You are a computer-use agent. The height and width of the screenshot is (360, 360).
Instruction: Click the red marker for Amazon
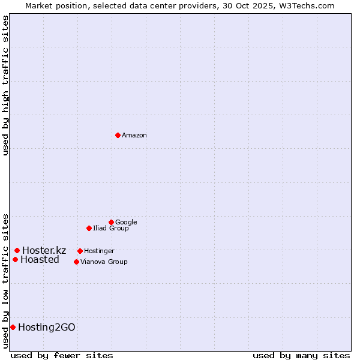118,135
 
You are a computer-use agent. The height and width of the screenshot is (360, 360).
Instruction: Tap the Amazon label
134,136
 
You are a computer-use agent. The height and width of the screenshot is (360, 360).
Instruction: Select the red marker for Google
111,222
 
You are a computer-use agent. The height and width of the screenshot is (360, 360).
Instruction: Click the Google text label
126,223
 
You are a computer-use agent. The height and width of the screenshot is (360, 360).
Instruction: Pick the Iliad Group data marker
89,228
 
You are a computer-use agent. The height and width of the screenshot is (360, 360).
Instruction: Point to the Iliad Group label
111,229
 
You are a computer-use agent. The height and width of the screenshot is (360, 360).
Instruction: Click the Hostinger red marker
80,251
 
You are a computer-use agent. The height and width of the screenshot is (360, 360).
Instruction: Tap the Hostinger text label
99,251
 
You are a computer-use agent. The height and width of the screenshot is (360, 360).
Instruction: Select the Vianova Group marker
76,262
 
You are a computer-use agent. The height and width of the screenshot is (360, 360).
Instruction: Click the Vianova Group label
104,262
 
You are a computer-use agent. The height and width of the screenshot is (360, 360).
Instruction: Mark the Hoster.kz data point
17,250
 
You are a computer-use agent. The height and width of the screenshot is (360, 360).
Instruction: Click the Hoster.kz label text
44,251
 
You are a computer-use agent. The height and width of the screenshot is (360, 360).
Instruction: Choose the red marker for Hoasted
15,259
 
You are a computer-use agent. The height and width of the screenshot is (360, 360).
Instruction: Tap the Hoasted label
40,260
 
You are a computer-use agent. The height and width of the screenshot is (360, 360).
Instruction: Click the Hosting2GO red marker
13,327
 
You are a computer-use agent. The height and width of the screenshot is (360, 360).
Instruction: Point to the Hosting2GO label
47,328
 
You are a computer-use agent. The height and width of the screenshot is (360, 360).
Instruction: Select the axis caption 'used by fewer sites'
62,355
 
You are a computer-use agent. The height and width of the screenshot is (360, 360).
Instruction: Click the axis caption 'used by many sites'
301,355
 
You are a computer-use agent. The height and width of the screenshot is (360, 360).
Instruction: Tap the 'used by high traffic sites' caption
5,85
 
